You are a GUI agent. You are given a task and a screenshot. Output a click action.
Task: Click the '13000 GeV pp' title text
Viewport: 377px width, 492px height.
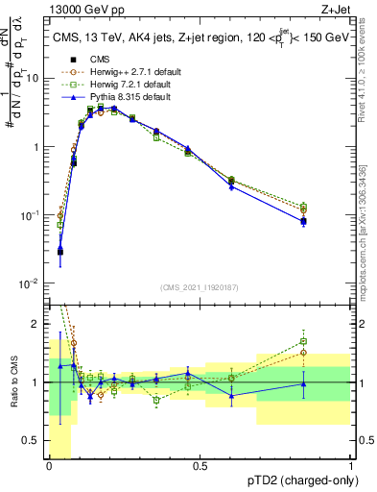click(x=81, y=9)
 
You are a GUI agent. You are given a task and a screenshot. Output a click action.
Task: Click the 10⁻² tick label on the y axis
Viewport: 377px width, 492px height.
click(x=32, y=283)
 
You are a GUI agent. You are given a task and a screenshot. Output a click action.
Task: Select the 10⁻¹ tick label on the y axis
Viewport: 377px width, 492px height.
click(x=32, y=215)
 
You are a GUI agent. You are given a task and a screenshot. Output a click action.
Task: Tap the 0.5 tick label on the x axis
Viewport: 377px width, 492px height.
click(x=200, y=466)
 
